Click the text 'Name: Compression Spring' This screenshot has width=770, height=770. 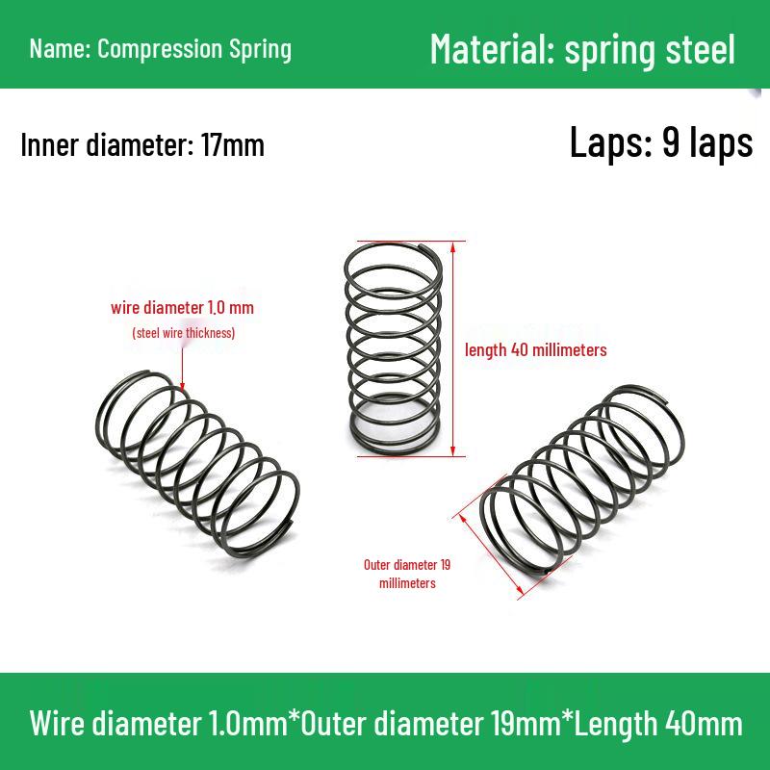pyautogui.click(x=161, y=49)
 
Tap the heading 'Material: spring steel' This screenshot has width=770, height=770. pyautogui.click(x=582, y=50)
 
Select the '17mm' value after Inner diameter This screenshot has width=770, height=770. pyautogui.click(x=233, y=145)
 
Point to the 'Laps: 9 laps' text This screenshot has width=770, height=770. pyautogui.click(x=661, y=142)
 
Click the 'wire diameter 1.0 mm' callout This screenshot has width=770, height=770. pyautogui.click(x=182, y=308)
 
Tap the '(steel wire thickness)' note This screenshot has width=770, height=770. pyautogui.click(x=184, y=333)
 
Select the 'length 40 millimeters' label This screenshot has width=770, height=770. pyautogui.click(x=536, y=350)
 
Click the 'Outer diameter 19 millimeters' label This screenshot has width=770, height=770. pyautogui.click(x=407, y=574)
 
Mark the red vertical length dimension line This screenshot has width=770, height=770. pyautogui.click(x=452, y=348)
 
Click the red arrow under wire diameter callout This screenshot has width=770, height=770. pyautogui.click(x=182, y=369)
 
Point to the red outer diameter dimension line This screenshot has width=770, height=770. pyautogui.click(x=490, y=553)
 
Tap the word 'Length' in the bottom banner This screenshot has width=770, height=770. pyautogui.click(x=615, y=725)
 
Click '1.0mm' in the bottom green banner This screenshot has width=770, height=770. pyautogui.click(x=247, y=724)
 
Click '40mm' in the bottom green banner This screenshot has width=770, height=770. pyautogui.click(x=704, y=724)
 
